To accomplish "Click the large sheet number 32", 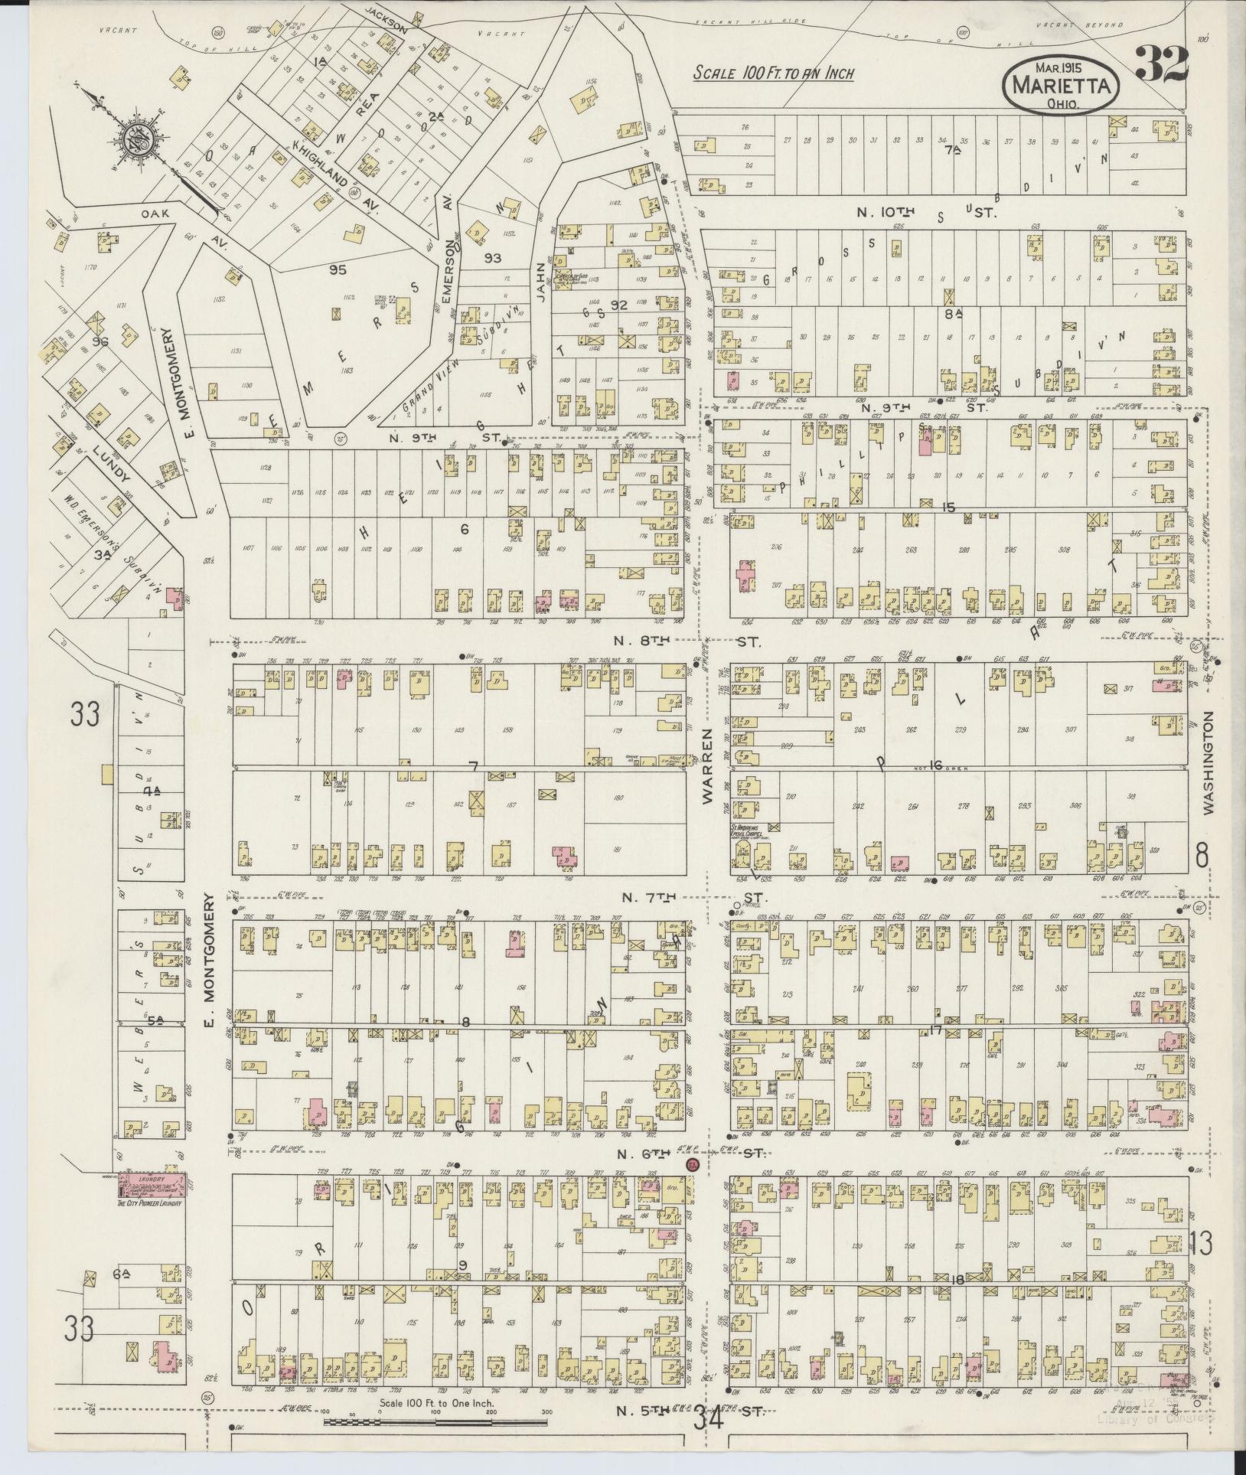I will [1161, 64].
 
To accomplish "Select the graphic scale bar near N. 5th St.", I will [435, 1422].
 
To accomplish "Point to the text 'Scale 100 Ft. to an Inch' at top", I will [773, 73].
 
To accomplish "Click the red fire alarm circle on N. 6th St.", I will [693, 1165].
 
